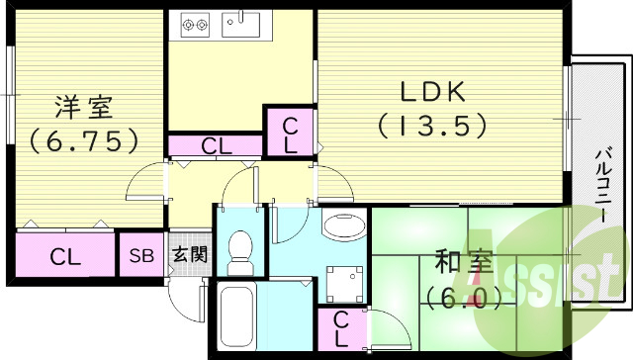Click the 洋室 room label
[82, 105]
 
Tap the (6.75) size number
[82, 141]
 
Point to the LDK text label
[432, 91]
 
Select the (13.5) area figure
[432, 126]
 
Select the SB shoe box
[141, 255]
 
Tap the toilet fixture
[240, 253]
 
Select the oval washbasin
[342, 226]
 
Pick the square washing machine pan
[342, 281]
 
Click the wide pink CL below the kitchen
[216, 146]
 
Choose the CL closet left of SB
[65, 256]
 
